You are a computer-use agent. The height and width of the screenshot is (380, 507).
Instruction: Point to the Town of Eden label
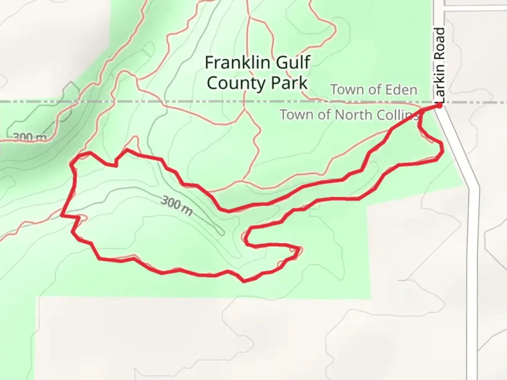pyautogui.click(x=374, y=90)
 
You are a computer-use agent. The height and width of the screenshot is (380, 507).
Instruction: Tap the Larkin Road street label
pyautogui.click(x=440, y=65)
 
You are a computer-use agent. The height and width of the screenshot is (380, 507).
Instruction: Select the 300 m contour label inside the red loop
pyautogui.click(x=177, y=206)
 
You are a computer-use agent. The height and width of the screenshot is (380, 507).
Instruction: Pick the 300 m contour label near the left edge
pyautogui.click(x=30, y=137)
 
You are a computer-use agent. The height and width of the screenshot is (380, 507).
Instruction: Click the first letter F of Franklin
pyautogui.click(x=209, y=63)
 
